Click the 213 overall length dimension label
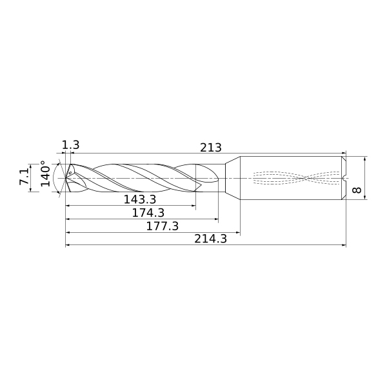tap(210, 148)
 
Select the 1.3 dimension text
tap(70, 145)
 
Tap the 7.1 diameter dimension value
tap(25, 177)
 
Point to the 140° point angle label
tap(45, 174)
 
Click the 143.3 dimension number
tap(140, 199)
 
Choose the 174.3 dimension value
tap(148, 213)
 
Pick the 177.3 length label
tap(162, 226)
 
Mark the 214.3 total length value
tap(210, 239)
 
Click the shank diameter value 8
tap(357, 190)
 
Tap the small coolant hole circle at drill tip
tap(70, 173)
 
